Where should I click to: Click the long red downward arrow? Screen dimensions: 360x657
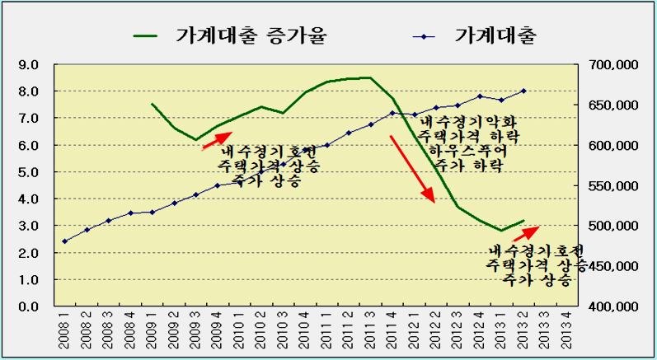coord(411,169)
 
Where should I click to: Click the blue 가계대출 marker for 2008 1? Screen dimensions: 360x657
coord(64,241)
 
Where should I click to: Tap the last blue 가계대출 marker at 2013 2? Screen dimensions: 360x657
coord(523,91)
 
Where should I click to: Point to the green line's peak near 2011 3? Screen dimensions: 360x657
coord(368,77)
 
